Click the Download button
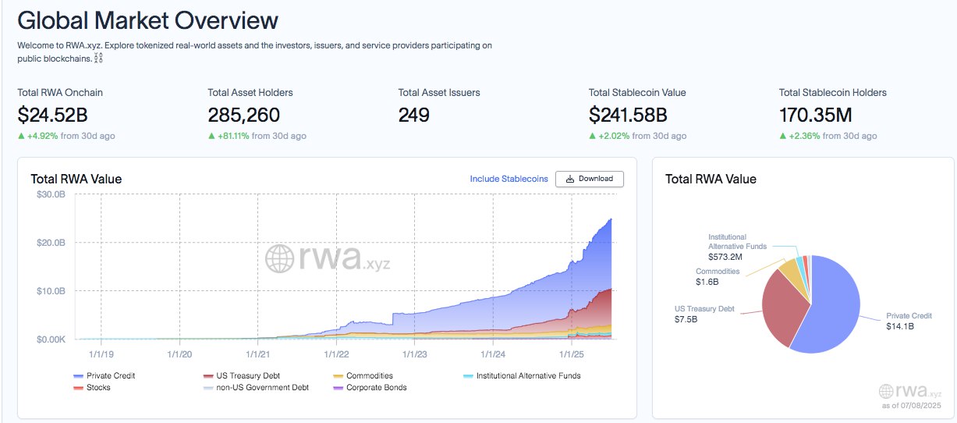pyautogui.click(x=590, y=179)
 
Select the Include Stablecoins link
pyautogui.click(x=509, y=179)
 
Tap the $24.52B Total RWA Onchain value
pyautogui.click(x=52, y=116)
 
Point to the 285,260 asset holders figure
pyautogui.click(x=243, y=116)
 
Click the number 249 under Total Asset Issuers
pyautogui.click(x=413, y=116)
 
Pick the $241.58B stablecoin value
pyautogui.click(x=628, y=116)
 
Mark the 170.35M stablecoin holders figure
pyautogui.click(x=815, y=116)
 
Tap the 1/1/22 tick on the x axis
pyautogui.click(x=337, y=354)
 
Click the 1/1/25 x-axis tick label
pyautogui.click(x=572, y=354)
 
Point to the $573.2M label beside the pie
pyautogui.click(x=724, y=256)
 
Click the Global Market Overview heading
pyautogui.click(x=148, y=20)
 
